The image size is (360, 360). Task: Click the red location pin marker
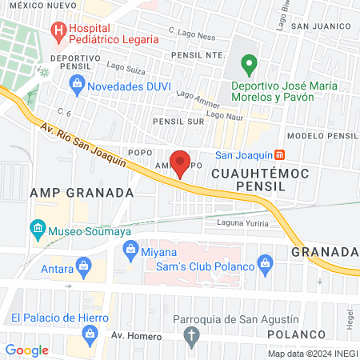(180, 159)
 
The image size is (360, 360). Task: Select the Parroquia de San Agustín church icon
(190, 336)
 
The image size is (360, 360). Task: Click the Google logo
(26, 350)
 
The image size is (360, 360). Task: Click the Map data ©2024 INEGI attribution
(310, 353)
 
